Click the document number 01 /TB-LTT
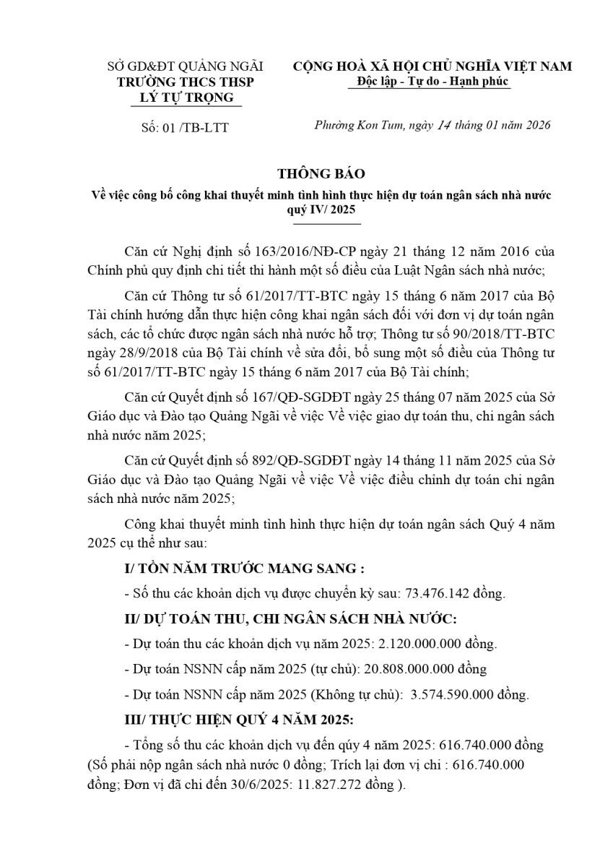pyautogui.click(x=196, y=128)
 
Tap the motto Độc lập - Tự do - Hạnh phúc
pyautogui.click(x=429, y=82)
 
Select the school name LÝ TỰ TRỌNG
pyautogui.click(x=186, y=97)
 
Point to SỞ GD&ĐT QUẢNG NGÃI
pyautogui.click(x=186, y=66)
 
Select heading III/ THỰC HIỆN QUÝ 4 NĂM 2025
pyautogui.click(x=238, y=720)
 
